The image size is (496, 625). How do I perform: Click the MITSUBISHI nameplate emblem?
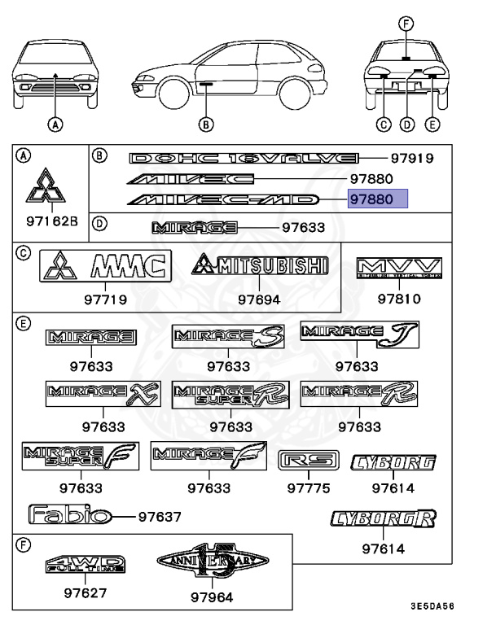(x=259, y=265)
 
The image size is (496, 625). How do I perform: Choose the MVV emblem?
(x=399, y=269)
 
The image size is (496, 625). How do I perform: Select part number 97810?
(x=399, y=299)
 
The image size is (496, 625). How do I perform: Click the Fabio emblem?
(x=68, y=515)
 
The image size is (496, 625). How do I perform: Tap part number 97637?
(x=159, y=516)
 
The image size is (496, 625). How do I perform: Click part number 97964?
(x=212, y=597)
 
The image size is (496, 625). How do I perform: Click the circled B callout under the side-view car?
(x=206, y=124)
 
